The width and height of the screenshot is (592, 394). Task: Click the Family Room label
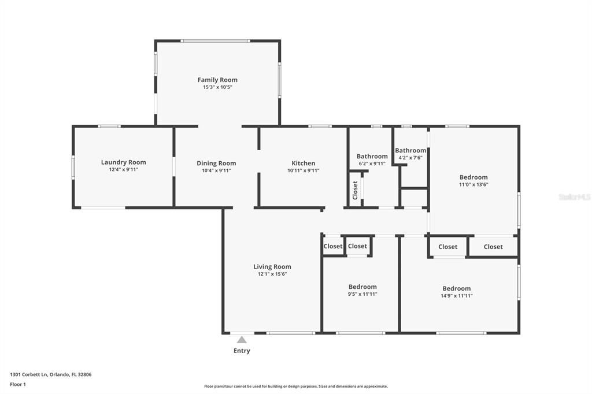(x=217, y=80)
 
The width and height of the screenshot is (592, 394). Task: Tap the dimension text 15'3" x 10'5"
(x=217, y=87)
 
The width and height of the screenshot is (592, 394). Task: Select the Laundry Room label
(x=123, y=162)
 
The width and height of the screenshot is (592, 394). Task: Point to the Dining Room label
(x=216, y=163)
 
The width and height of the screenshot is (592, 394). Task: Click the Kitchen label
(x=303, y=163)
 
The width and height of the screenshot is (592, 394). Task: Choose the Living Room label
(x=272, y=266)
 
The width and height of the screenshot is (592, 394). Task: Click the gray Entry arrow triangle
(x=242, y=340)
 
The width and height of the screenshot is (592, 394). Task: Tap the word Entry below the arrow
(x=242, y=351)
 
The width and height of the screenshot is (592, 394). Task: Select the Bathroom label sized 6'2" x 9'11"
(x=372, y=156)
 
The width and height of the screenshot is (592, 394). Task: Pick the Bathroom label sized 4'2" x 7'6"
(x=410, y=150)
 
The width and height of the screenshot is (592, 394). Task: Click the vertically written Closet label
(x=355, y=189)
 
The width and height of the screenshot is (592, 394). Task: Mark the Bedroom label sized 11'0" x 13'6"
(x=473, y=177)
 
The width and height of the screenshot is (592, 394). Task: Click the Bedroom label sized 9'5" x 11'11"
(x=362, y=287)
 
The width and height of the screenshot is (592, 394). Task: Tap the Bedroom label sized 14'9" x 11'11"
(x=456, y=288)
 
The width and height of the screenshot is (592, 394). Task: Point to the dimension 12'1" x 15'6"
(x=272, y=274)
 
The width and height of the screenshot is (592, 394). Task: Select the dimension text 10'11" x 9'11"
(x=303, y=170)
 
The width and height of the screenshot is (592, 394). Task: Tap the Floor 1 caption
(x=18, y=384)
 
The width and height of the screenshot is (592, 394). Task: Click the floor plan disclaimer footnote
(x=295, y=386)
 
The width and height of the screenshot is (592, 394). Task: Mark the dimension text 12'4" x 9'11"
(x=123, y=170)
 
